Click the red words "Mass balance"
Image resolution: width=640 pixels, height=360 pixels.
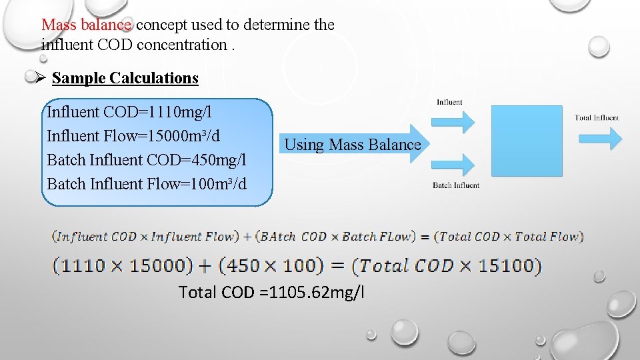[x=86, y=25]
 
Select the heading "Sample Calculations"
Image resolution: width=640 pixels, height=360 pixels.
[x=125, y=78]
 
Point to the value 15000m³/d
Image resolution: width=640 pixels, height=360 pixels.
[x=181, y=136]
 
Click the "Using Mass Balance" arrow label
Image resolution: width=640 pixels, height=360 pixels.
[x=353, y=145]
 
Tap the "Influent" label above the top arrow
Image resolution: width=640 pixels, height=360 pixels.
[x=449, y=103]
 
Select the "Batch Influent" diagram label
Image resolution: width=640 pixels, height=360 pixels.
[x=456, y=185]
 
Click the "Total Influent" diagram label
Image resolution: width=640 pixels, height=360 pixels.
[x=597, y=118]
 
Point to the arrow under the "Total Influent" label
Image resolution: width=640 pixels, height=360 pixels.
[x=600, y=138]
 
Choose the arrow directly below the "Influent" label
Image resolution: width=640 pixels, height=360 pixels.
[x=453, y=121]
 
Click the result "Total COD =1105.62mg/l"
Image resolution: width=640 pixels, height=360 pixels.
[x=272, y=292]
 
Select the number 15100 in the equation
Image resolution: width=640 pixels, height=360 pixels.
[x=513, y=265]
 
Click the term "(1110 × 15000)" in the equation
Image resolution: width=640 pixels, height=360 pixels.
[x=123, y=265]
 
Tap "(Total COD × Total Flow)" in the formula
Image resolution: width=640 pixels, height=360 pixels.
[x=509, y=236]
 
